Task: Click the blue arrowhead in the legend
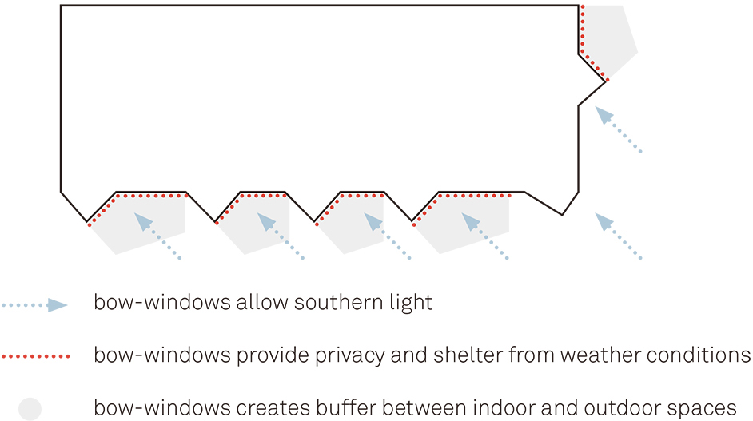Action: [58, 305]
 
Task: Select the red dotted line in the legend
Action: [36, 356]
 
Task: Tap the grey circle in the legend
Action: [30, 409]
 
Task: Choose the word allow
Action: [261, 303]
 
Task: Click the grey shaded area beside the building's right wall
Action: [610, 41]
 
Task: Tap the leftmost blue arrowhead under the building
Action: [143, 222]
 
